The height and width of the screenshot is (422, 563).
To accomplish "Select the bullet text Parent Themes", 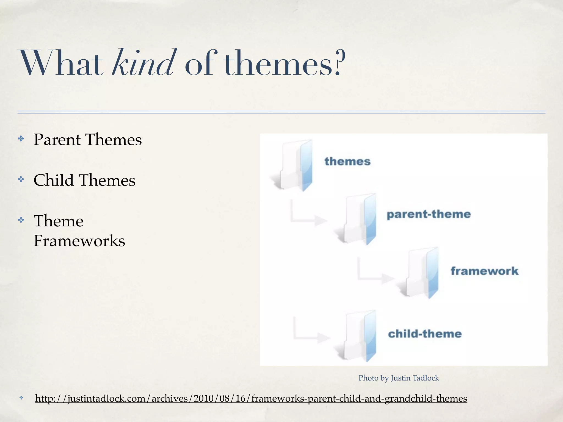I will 87,140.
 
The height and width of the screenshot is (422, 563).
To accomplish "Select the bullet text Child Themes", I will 84,180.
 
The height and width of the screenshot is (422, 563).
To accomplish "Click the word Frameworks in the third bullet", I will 79,241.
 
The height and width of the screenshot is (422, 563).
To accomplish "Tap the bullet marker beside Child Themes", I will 21,180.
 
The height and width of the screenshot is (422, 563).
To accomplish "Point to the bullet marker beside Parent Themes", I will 21,139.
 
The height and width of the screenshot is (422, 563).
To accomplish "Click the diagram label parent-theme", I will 429,214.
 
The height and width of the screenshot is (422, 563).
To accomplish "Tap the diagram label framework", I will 484,271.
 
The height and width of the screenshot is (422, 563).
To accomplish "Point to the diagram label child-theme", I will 425,334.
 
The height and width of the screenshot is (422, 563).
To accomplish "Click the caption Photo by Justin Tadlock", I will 399,378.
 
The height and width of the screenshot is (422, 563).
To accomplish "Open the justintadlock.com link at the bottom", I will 251,398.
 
